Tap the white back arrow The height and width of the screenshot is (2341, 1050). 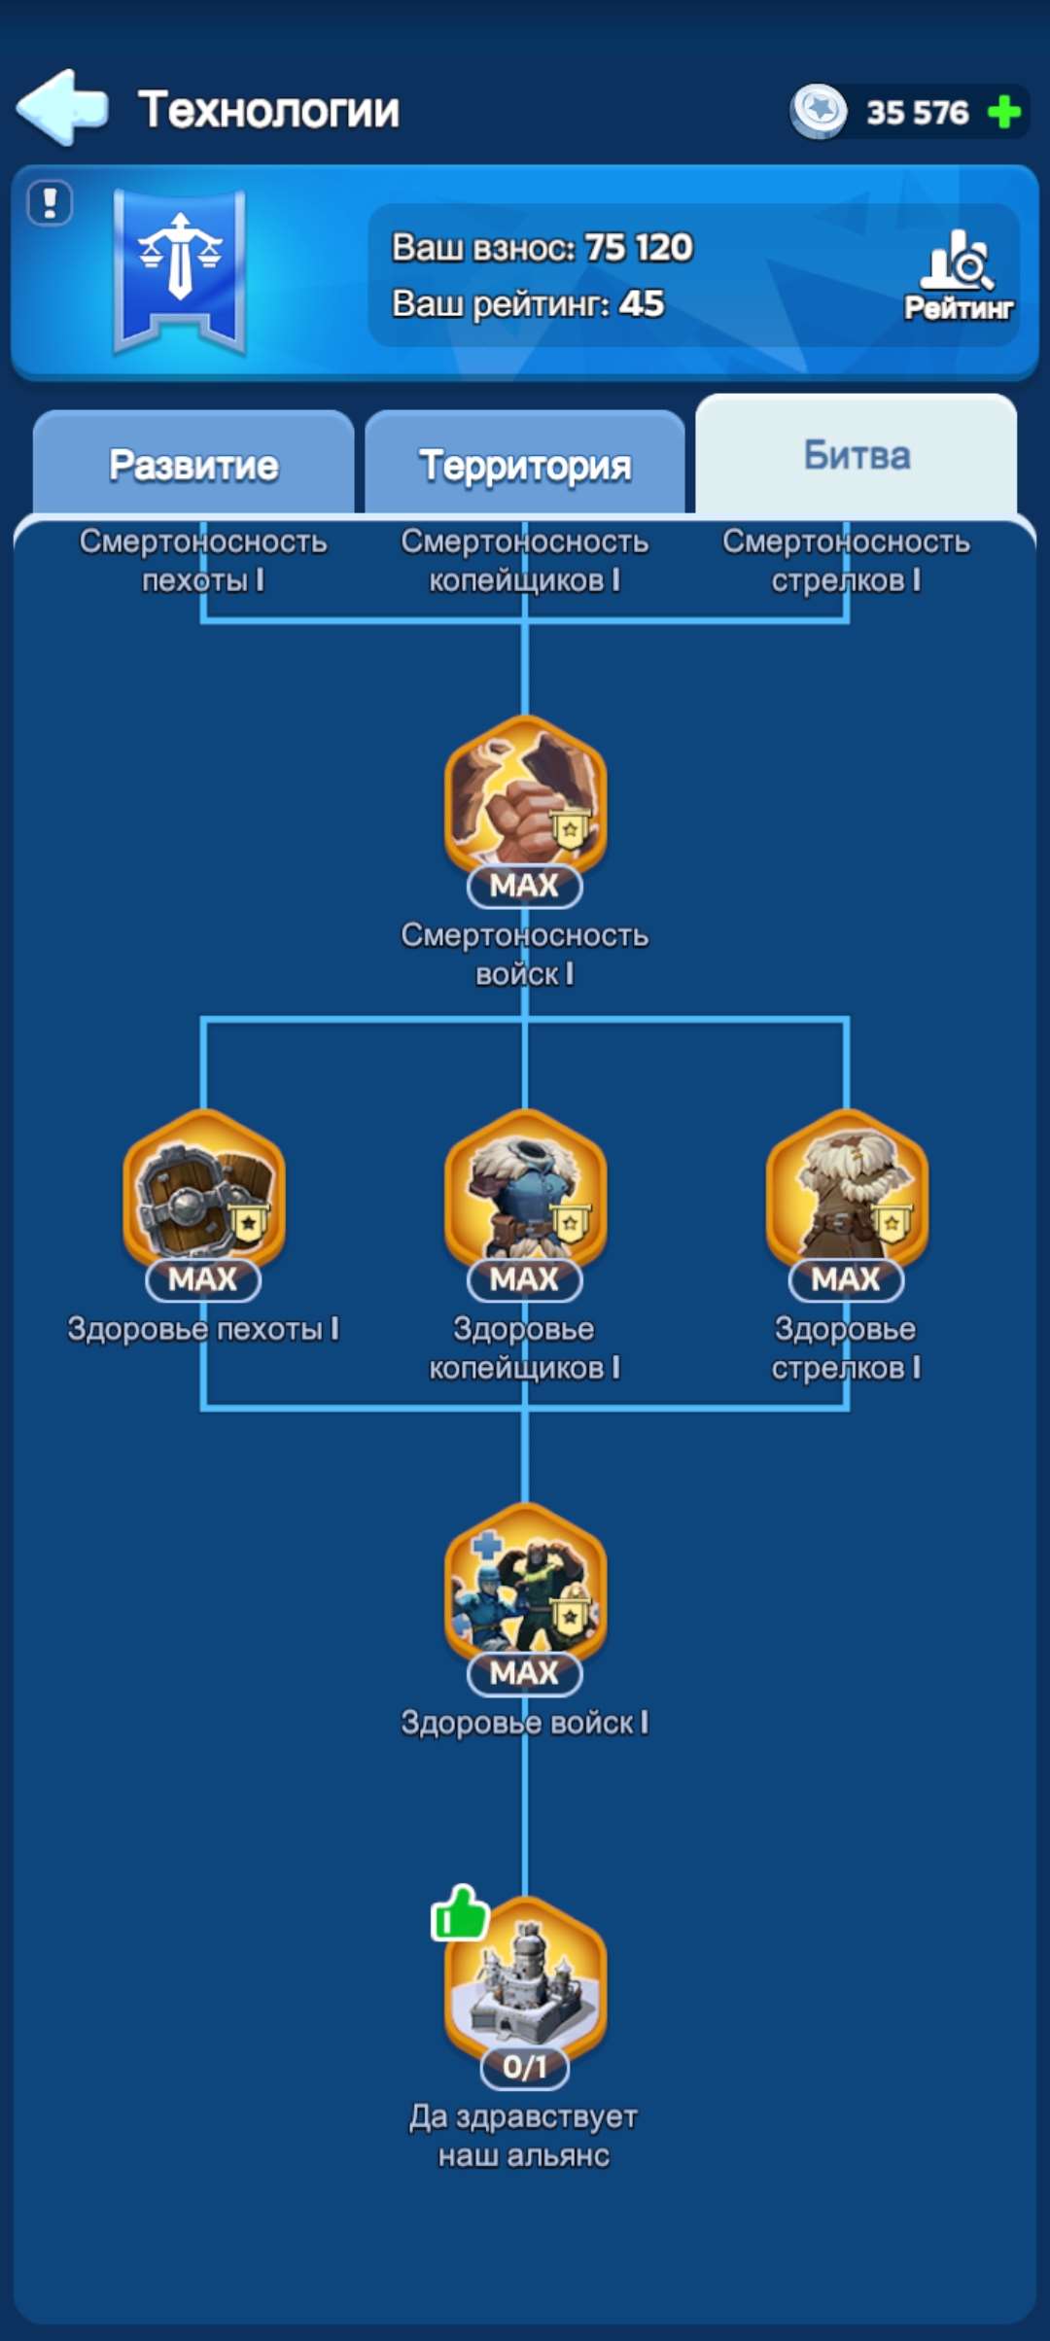point(61,107)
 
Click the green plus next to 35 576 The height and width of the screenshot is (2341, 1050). point(1003,112)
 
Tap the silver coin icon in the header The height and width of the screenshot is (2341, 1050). point(819,110)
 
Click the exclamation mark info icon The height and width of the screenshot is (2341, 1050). point(50,203)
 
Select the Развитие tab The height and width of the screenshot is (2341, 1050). point(193,465)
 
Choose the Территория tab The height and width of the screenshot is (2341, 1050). point(525,465)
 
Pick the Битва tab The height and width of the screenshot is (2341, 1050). point(857,455)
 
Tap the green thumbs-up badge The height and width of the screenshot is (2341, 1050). point(459,1913)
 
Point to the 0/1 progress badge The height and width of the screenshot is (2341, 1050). point(525,2066)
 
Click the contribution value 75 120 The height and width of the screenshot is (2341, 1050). point(639,247)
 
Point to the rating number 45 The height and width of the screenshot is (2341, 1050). point(642,303)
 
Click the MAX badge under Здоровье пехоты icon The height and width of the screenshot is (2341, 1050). point(203,1279)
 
